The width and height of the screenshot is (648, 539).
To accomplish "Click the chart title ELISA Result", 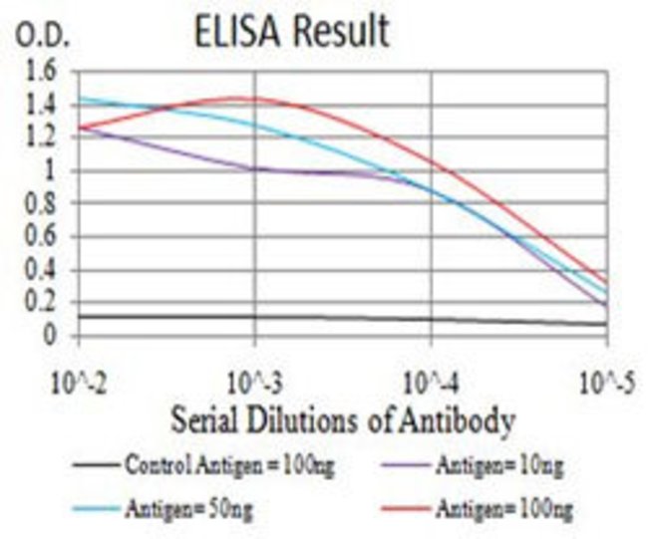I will pyautogui.click(x=291, y=32).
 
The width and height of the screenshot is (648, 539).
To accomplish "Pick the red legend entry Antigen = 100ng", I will pyautogui.click(x=488, y=509).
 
